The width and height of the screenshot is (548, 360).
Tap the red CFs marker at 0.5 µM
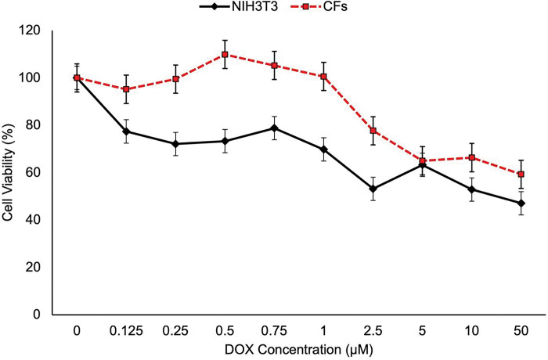[225, 55]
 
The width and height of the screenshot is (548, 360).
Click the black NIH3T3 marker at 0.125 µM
[126, 131]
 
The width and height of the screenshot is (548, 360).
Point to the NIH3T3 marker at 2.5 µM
[373, 189]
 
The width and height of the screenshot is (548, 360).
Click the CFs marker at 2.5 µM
[373, 131]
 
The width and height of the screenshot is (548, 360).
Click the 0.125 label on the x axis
[126, 329]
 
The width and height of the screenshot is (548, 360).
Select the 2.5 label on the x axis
[373, 329]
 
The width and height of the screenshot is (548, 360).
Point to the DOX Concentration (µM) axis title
[298, 349]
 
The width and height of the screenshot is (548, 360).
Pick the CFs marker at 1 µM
[323, 77]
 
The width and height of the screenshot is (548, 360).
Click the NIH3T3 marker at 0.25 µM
[175, 144]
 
